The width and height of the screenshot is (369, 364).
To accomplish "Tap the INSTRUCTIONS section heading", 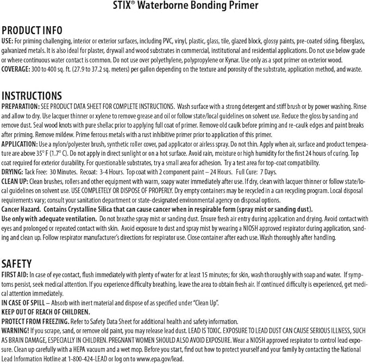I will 32,96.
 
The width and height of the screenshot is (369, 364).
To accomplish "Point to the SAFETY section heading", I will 17,263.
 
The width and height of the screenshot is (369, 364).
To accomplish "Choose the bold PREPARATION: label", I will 21,106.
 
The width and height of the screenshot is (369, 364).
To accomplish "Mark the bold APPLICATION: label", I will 20,143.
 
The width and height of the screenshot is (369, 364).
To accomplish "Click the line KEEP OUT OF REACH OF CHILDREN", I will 46,311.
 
